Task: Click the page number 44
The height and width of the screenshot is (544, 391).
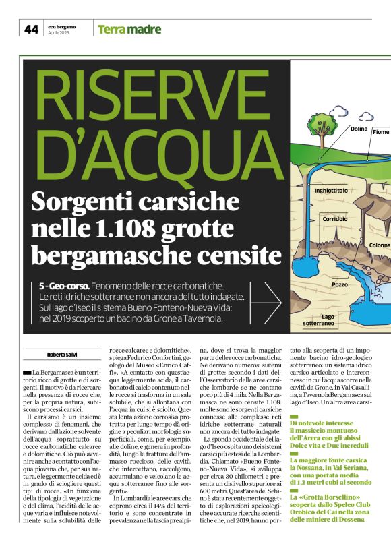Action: point(31,29)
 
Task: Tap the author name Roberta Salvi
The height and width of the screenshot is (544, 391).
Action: point(61,354)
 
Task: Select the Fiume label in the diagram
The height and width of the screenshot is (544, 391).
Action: point(381,133)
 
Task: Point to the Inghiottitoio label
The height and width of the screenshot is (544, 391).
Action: point(331,191)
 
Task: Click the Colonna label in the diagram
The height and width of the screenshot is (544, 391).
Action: point(380,245)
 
